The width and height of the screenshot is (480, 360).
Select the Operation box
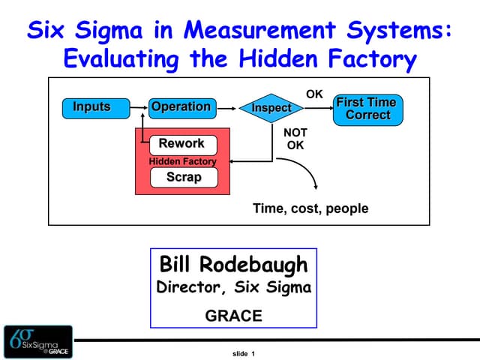pyautogui.click(x=181, y=107)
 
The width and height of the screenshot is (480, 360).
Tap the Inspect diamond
pyautogui.click(x=271, y=108)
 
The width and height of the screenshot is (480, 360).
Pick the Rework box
pyautogui.click(x=182, y=143)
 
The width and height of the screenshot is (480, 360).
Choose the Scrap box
pyautogui.click(x=184, y=177)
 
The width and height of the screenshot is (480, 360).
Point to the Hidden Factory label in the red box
pyautogui.click(x=182, y=161)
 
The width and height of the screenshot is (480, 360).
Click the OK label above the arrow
pyautogui.click(x=314, y=94)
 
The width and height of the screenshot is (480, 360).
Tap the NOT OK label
pyautogui.click(x=295, y=139)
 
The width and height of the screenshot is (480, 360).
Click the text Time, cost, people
pyautogui.click(x=310, y=208)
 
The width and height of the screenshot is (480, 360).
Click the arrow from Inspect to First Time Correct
pyautogui.click(x=318, y=108)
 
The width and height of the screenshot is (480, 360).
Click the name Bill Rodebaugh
pyautogui.click(x=233, y=264)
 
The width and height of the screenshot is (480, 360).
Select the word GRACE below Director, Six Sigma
pyautogui.click(x=233, y=316)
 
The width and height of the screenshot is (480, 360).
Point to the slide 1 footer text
pyautogui.click(x=244, y=353)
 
